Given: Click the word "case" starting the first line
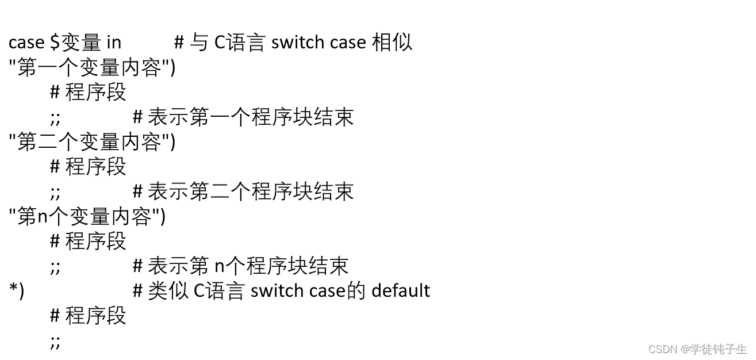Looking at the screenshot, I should pyautogui.click(x=26, y=43).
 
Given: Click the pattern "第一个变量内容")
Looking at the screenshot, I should pyautogui.click(x=92, y=68).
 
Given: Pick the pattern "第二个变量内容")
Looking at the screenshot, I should pyautogui.click(x=92, y=142).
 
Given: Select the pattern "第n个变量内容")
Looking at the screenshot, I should pyautogui.click(x=87, y=216).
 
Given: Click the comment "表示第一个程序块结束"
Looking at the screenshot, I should pyautogui.click(x=250, y=117).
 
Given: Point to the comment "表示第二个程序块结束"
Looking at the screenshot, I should pyautogui.click(x=250, y=192).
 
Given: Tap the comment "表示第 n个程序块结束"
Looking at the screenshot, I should pyautogui.click(x=248, y=266).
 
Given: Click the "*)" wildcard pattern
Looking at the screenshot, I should pyautogui.click(x=17, y=291).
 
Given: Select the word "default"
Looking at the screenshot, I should pyautogui.click(x=401, y=291).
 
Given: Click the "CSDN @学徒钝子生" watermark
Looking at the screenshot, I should pyautogui.click(x=697, y=349).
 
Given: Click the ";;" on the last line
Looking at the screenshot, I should pyautogui.click(x=55, y=342).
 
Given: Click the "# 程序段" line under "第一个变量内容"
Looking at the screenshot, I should pyautogui.click(x=88, y=93).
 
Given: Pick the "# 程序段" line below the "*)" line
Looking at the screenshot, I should pyautogui.click(x=88, y=316).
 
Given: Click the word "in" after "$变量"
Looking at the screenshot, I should pyautogui.click(x=114, y=43).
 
